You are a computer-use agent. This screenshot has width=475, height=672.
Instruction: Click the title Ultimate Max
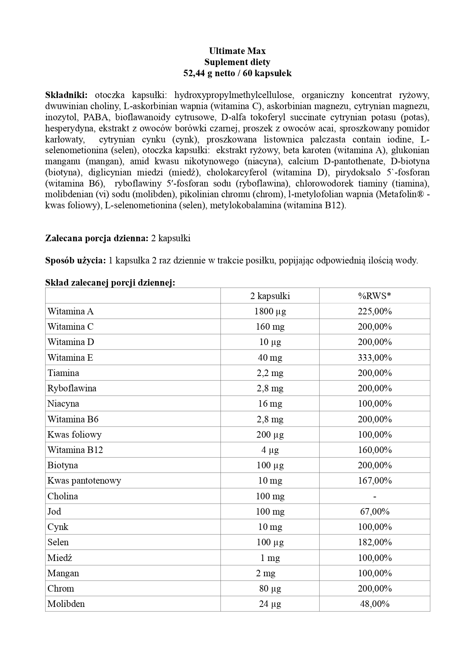(237, 51)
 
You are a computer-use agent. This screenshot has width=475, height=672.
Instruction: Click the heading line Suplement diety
(237, 62)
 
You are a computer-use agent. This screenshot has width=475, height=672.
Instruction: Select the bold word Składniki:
(67, 95)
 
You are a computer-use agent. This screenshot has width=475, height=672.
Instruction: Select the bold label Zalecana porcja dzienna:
(97, 238)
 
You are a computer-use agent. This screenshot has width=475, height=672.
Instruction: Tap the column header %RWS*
(374, 296)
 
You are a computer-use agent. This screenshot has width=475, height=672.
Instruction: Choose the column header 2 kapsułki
(270, 296)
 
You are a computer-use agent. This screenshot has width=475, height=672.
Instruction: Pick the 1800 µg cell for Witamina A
(270, 311)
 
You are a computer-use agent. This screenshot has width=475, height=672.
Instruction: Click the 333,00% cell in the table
(374, 358)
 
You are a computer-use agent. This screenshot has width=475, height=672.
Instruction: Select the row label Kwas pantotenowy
(84, 481)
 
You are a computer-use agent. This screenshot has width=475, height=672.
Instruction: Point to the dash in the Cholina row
(374, 496)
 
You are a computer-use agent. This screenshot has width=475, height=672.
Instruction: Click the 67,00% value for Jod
(374, 512)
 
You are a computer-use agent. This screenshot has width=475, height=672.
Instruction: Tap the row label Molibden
(66, 604)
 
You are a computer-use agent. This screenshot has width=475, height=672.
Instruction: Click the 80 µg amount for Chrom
(270, 589)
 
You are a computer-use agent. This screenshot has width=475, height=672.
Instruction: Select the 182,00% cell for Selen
(374, 542)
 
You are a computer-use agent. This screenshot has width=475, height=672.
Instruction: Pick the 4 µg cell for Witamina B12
(270, 450)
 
